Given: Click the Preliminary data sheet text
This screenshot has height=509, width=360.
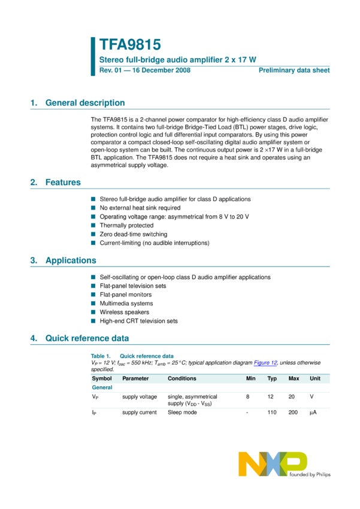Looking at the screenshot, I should [x=294, y=71].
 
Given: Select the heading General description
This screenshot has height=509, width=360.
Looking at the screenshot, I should [x=85, y=103].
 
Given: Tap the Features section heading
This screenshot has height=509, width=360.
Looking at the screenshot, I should [x=63, y=182].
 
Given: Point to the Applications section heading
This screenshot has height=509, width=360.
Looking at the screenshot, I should [x=71, y=260].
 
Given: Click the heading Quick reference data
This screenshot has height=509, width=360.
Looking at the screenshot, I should [x=87, y=338].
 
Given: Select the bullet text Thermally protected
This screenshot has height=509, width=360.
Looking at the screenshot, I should [x=126, y=226].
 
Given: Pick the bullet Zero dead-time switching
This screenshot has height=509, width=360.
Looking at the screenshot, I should [x=134, y=234].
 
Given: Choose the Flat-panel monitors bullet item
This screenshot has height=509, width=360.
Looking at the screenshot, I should [x=126, y=295].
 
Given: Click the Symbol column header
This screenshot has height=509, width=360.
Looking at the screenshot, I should [x=101, y=378].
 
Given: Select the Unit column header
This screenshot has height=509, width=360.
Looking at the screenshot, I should [x=315, y=378].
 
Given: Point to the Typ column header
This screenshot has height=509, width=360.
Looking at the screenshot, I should [x=272, y=378].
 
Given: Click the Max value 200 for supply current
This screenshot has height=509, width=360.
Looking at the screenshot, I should [x=293, y=413].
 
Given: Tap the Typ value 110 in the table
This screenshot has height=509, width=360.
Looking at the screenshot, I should [x=272, y=413].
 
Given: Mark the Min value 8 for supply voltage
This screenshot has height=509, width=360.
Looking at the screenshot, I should [x=247, y=396].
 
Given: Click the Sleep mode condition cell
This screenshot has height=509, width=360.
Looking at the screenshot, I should [x=184, y=413].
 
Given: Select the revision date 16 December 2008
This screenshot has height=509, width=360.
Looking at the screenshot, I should [x=161, y=71].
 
